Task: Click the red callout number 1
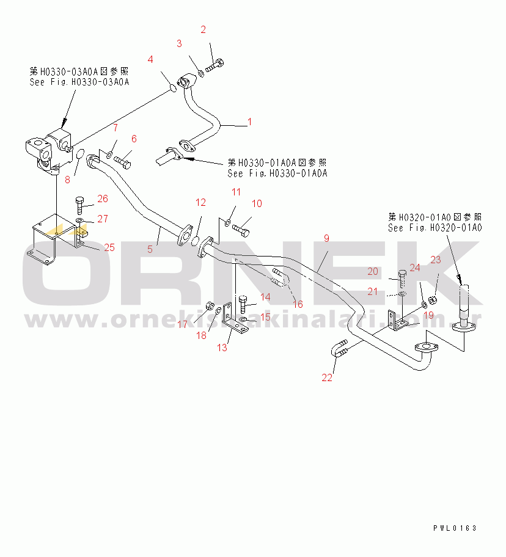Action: click(x=249, y=122)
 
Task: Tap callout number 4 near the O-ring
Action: click(x=150, y=59)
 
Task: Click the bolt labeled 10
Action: click(x=240, y=230)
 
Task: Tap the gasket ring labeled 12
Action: click(x=197, y=241)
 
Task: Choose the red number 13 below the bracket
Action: click(x=222, y=348)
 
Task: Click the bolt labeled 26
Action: click(x=80, y=203)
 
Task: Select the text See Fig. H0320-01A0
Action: click(x=435, y=227)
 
